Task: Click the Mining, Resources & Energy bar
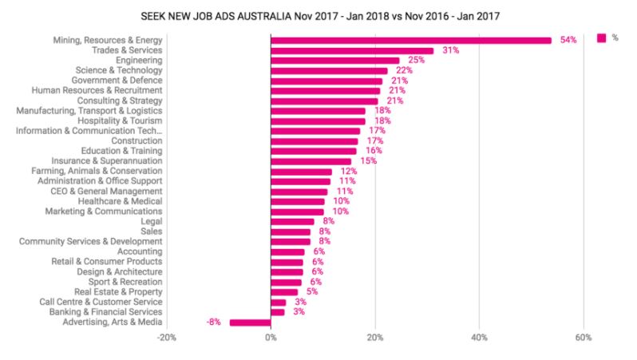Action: (411, 40)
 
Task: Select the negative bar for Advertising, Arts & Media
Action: (250, 322)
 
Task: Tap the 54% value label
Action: (568, 40)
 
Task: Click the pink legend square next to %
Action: (601, 37)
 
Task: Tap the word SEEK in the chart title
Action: (152, 14)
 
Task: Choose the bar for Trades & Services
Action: (352, 50)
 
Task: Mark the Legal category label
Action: (151, 222)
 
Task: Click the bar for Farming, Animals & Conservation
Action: (301, 172)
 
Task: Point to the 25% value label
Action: (416, 61)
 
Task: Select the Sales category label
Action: (151, 231)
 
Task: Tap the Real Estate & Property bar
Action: (283, 292)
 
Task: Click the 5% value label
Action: (311, 292)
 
